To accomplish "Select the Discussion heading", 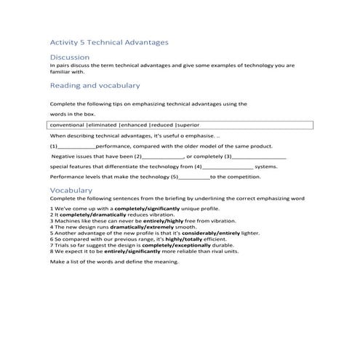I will [70, 57].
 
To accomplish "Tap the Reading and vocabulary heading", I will [95, 86].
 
